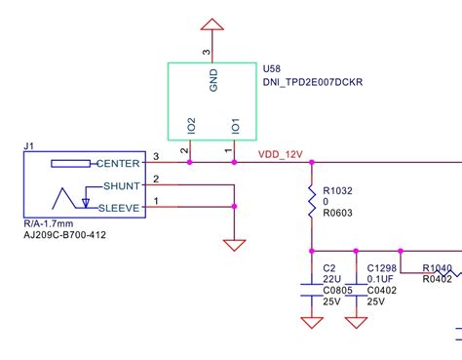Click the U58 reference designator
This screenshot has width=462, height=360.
[274, 69]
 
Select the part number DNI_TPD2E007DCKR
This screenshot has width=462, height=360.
[313, 84]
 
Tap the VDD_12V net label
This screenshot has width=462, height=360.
[281, 154]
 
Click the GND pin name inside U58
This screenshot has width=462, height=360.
[213, 79]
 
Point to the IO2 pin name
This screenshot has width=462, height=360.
[191, 126]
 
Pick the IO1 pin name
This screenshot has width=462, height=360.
[234, 126]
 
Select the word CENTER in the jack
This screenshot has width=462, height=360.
[120, 163]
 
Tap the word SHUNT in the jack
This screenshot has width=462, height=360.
[122, 185]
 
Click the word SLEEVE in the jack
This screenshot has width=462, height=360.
[119, 207]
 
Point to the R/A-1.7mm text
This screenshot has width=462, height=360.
[48, 223]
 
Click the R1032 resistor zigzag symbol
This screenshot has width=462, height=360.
[311, 204]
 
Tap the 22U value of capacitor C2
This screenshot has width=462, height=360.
[330, 278]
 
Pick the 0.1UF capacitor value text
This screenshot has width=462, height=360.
[381, 278]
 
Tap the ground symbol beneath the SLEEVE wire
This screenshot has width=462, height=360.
[235, 245]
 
